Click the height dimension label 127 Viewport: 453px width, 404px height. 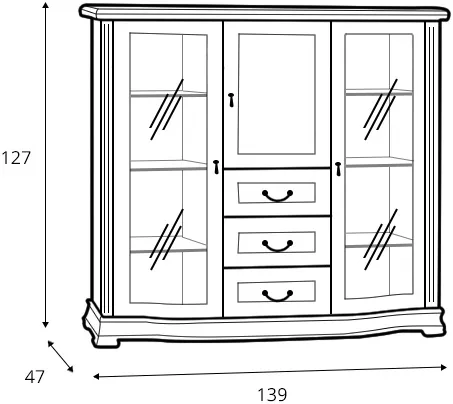(x=16, y=158)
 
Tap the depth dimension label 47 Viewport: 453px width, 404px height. (x=34, y=377)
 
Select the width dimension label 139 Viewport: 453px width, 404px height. (x=272, y=395)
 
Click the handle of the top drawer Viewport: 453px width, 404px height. (x=277, y=196)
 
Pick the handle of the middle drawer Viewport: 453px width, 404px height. (x=277, y=246)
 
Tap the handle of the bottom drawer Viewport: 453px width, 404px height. (x=277, y=296)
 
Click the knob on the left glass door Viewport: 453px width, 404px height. (x=216, y=167)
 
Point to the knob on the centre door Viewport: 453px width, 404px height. (x=231, y=100)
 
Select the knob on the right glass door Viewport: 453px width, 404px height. (x=338, y=169)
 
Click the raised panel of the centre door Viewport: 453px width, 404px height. (x=277, y=94)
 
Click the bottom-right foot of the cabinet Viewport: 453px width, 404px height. (x=432, y=331)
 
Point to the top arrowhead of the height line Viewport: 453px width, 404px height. (x=46, y=5)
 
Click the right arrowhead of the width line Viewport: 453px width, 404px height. (x=443, y=367)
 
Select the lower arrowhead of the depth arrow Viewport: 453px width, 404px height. (x=70, y=368)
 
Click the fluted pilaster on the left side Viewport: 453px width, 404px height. (x=107, y=168)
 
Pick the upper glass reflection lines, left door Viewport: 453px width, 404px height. (x=166, y=109)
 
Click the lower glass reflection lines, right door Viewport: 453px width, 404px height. (x=380, y=239)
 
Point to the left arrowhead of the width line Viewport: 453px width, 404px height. (x=97, y=377)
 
